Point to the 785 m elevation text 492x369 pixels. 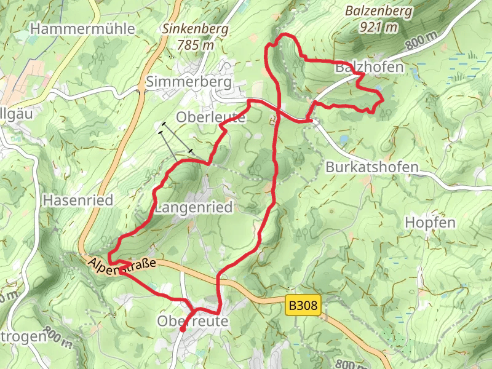pos(195,44)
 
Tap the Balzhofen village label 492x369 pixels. pos(369,68)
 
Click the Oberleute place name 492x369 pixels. pos(210,117)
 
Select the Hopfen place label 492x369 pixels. pos(430,222)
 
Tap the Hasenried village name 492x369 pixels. pos(78,200)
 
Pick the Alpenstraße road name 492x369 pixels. pos(123,266)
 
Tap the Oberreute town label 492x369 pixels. pos(192,321)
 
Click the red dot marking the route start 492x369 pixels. pos(183,329)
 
